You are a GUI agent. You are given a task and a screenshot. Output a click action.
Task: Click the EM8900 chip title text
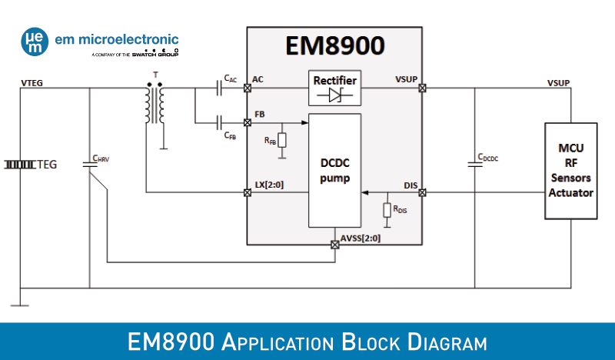tap(334, 46)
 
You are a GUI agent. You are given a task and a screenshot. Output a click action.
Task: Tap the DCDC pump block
tap(334, 171)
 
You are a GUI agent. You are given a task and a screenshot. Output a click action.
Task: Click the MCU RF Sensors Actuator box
tap(570, 170)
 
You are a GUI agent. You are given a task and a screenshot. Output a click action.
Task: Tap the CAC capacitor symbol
tap(221, 88)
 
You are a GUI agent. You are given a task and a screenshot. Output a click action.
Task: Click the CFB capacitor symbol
tap(221, 122)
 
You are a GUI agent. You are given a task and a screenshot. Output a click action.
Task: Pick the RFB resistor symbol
tap(282, 140)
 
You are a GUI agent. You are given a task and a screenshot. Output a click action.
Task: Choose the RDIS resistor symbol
tap(387, 209)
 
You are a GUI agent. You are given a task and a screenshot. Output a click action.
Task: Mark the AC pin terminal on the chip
tap(247, 88)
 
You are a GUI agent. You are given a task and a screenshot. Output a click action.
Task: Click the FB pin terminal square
tap(247, 122)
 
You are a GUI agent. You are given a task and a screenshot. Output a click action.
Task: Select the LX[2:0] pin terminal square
tap(247, 192)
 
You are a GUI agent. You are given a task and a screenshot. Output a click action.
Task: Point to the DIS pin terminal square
tap(422, 192)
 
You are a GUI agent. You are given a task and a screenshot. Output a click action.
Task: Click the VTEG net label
tap(32, 82)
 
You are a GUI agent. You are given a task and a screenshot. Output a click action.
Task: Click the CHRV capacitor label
tap(101, 159)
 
